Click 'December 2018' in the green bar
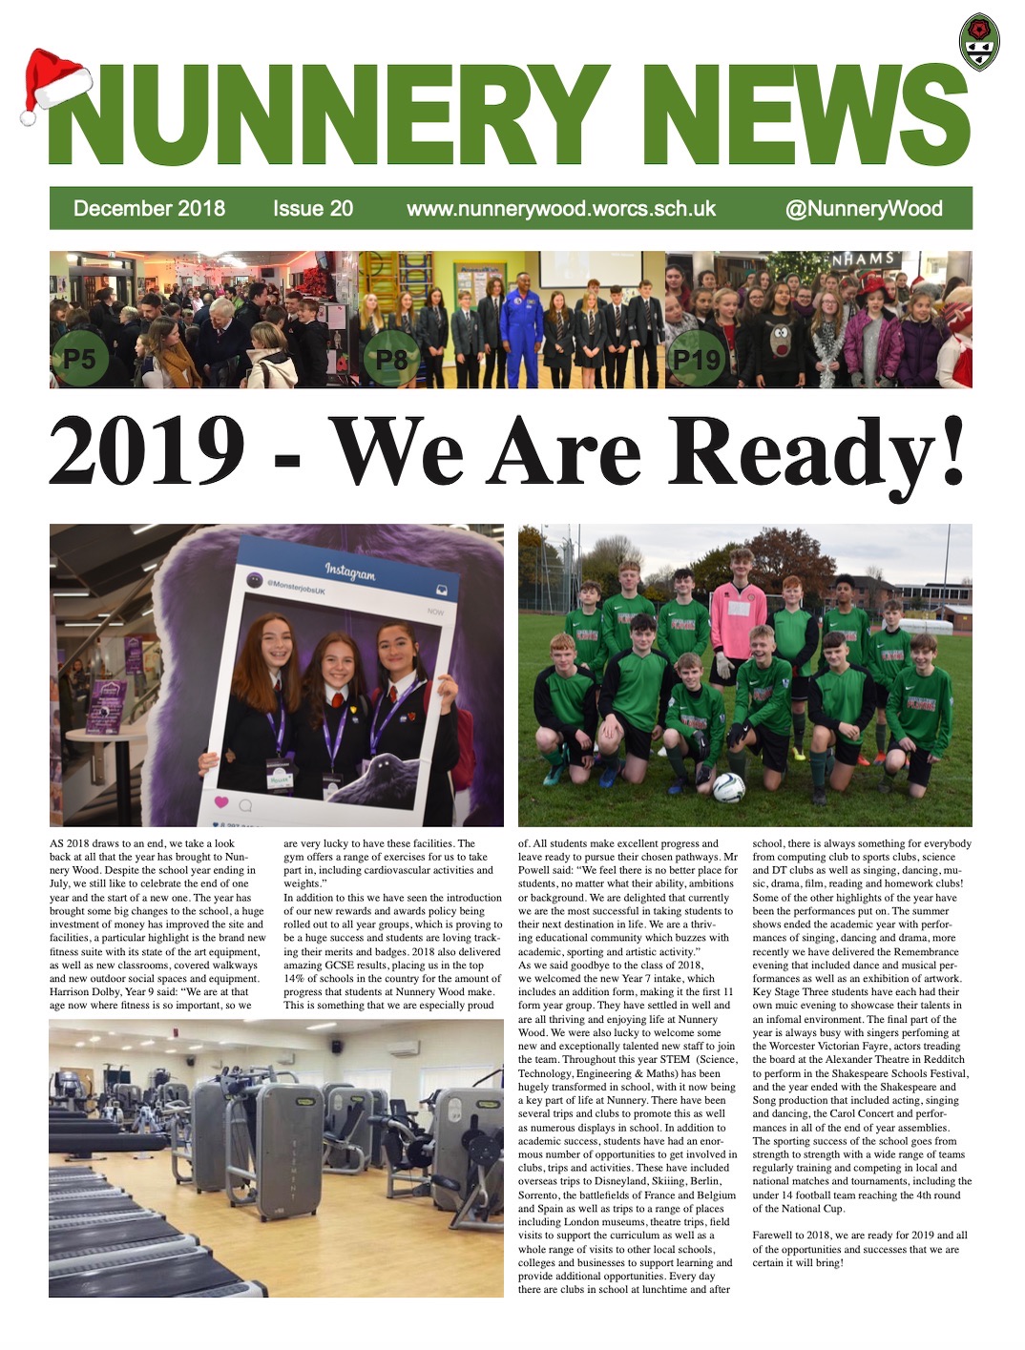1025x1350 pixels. [x=149, y=209]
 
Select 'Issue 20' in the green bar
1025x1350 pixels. [x=312, y=209]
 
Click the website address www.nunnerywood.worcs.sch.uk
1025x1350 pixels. [x=561, y=209]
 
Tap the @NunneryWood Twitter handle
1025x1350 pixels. [x=863, y=209]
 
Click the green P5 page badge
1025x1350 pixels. [x=79, y=359]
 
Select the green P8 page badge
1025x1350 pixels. [x=392, y=359]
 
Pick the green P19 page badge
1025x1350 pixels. [x=696, y=359]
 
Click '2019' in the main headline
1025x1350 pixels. [x=145, y=450]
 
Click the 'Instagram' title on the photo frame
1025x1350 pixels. [x=349, y=571]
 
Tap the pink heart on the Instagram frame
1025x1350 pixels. [x=221, y=802]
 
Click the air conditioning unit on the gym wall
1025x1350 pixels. [x=405, y=1047]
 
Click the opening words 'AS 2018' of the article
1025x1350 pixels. [x=69, y=843]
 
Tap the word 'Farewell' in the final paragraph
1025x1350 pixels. [x=773, y=1236]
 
